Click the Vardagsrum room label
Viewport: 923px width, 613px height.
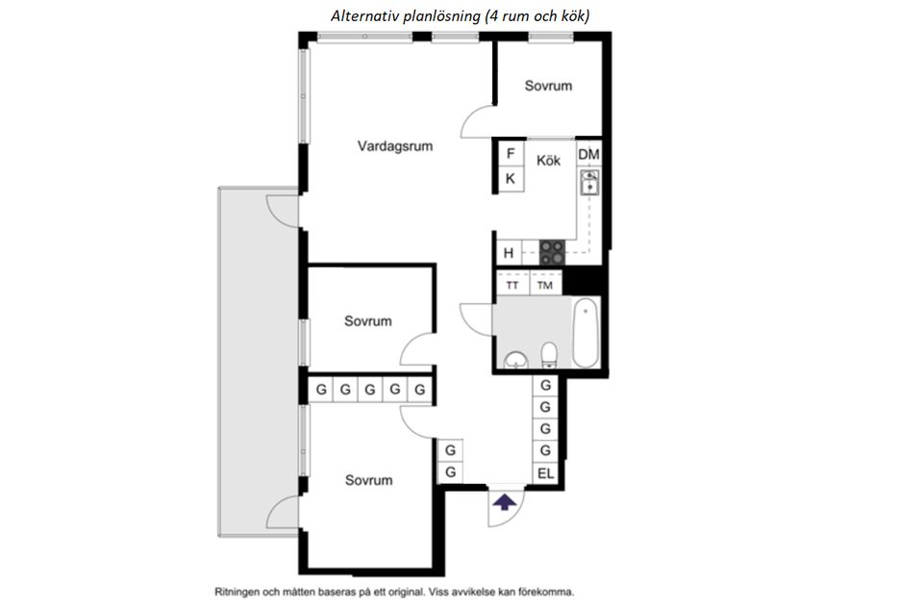(395, 146)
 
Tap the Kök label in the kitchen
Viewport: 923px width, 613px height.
(548, 161)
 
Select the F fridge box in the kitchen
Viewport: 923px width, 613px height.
(511, 153)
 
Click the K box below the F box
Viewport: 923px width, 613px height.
(511, 179)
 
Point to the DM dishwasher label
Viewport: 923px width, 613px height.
(588, 154)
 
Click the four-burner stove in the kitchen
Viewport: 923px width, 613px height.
(552, 252)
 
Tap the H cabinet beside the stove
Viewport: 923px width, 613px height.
(509, 253)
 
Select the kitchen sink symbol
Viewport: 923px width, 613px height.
(589, 182)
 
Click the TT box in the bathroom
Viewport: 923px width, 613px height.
(512, 285)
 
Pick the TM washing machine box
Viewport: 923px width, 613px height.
(545, 285)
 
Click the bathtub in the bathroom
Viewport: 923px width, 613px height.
(586, 332)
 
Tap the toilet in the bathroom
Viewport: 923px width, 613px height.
(549, 355)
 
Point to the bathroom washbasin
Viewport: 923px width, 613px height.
(516, 360)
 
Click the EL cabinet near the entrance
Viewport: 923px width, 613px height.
(546, 473)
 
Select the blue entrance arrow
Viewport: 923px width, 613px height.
(505, 502)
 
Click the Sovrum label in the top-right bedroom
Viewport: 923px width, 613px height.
(548, 86)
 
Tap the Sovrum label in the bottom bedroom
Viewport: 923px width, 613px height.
(368, 480)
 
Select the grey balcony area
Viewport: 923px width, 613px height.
(258, 362)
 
